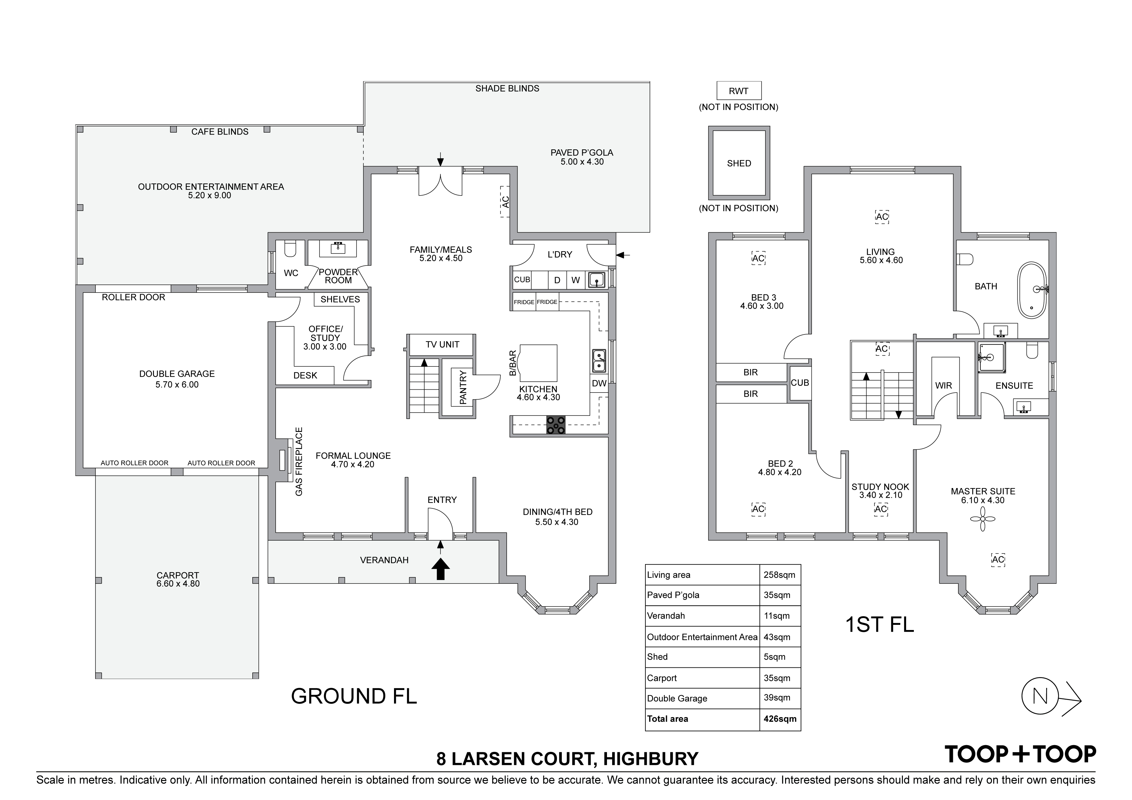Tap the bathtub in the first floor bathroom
pyautogui.click(x=1032, y=290)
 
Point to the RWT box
pyautogui.click(x=739, y=91)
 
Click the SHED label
pyautogui.click(x=739, y=163)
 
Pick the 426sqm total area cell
pyautogui.click(x=780, y=719)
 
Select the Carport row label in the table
pyautogui.click(x=662, y=678)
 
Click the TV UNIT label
pyautogui.click(x=442, y=345)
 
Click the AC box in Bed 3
pyautogui.click(x=758, y=258)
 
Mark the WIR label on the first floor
pyautogui.click(x=944, y=385)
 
